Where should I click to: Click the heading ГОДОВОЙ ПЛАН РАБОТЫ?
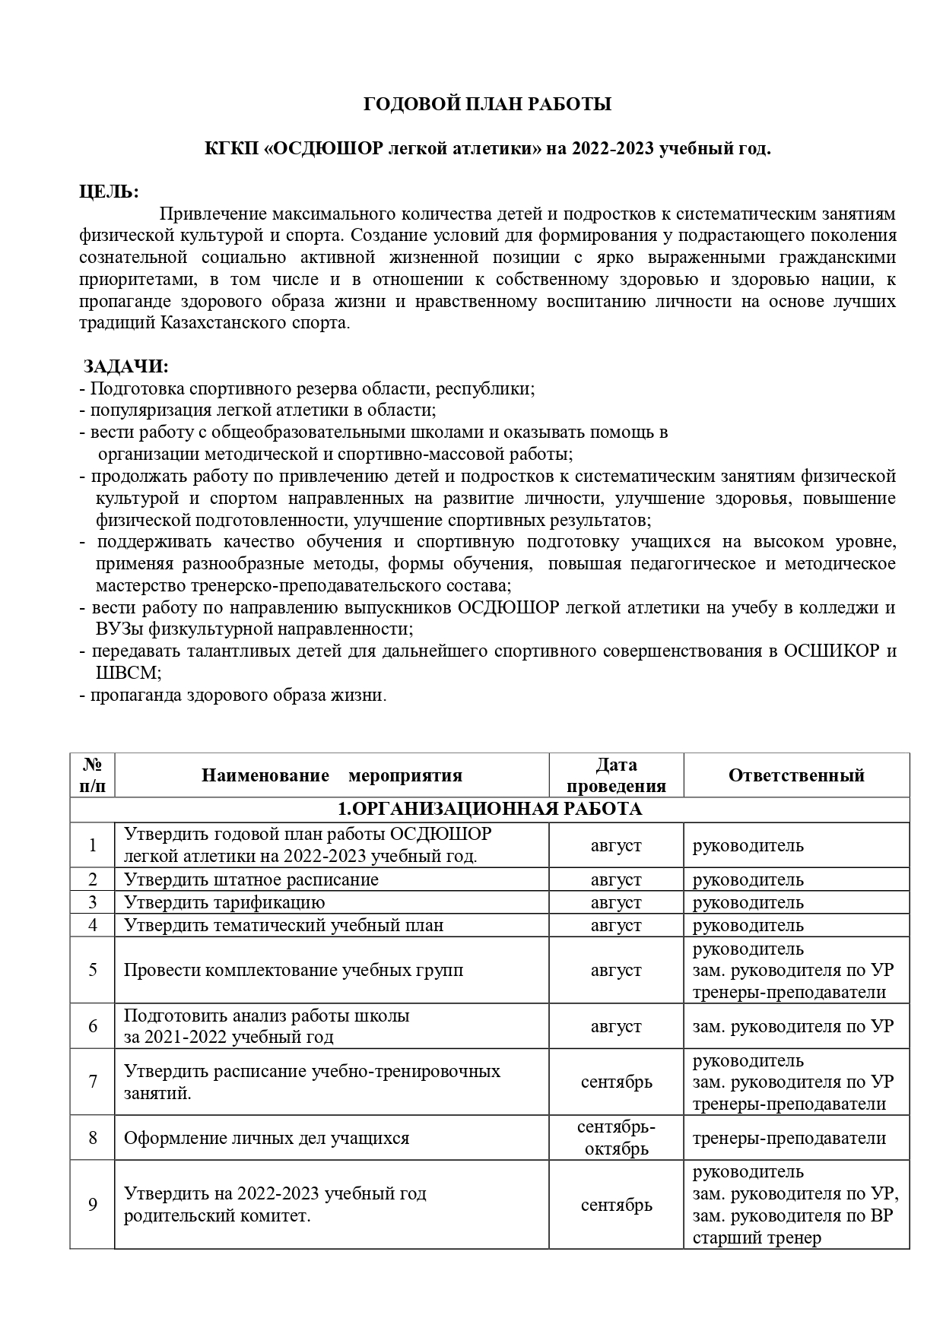click(x=487, y=105)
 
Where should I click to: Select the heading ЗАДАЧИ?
click(x=126, y=366)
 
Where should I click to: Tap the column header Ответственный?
click(x=796, y=775)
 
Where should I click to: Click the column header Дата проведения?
click(x=616, y=775)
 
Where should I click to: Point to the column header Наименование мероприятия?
click(x=332, y=775)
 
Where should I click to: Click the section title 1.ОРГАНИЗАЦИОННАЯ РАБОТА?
click(x=490, y=809)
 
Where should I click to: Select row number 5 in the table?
click(x=93, y=970)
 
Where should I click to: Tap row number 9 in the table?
click(x=93, y=1204)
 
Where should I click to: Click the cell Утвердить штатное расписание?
click(x=251, y=879)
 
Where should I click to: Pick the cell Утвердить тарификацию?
click(x=224, y=902)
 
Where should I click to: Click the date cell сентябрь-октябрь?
click(x=616, y=1137)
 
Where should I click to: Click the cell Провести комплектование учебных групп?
click(x=294, y=970)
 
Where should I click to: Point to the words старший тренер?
click(x=757, y=1237)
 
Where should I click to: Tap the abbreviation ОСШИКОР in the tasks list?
click(x=831, y=651)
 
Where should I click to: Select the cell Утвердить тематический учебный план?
click(x=284, y=925)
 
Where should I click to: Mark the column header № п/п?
click(x=93, y=775)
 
